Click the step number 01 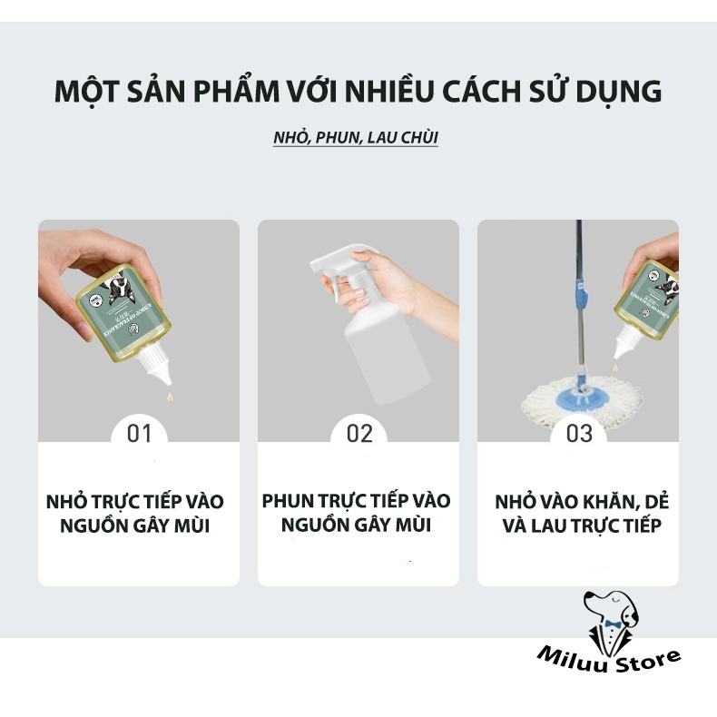point(139,434)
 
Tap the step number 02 point(359,434)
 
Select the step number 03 point(579,434)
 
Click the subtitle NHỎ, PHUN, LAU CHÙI point(356,140)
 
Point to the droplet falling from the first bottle point(169,398)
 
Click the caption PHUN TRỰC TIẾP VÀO point(356,501)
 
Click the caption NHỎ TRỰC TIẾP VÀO point(135,502)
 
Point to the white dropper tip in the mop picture point(624,345)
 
